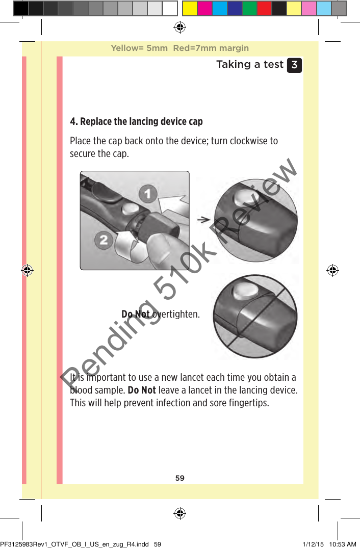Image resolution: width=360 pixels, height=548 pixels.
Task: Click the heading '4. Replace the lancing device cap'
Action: [x=136, y=121]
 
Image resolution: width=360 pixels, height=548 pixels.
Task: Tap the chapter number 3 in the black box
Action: [x=294, y=65]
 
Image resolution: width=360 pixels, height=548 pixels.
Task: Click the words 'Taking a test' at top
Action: [x=249, y=64]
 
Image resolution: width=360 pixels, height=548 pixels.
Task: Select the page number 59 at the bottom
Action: [x=180, y=478]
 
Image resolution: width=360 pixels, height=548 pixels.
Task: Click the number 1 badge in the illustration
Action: [x=148, y=194]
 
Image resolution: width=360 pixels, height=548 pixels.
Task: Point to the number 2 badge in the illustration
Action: [x=104, y=240]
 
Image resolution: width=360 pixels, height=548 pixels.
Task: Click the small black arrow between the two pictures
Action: [x=204, y=219]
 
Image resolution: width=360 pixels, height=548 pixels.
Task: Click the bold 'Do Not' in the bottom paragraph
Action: [x=142, y=390]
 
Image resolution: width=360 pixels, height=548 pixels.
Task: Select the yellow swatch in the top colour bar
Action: [x=190, y=9]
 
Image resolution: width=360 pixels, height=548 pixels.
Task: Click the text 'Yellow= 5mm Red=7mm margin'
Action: [x=180, y=48]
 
